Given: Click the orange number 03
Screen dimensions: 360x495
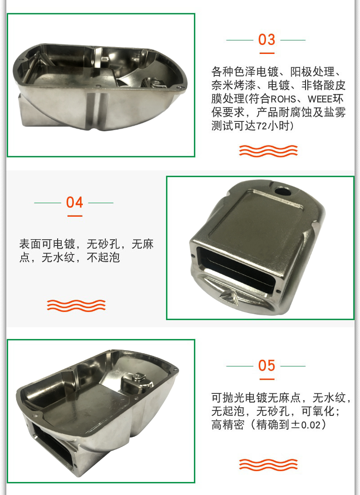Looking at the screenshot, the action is point(266,40).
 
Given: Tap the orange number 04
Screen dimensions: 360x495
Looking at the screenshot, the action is point(75,202).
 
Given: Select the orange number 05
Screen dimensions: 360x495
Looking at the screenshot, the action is point(266,366).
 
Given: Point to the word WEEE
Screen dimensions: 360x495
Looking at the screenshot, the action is point(320,99).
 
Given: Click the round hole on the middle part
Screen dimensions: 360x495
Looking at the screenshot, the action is point(283,191).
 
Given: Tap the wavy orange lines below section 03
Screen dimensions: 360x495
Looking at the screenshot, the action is point(268,151).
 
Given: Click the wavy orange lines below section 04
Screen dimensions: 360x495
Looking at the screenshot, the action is point(76,305).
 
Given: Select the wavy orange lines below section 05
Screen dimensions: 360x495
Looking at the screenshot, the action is point(268,464).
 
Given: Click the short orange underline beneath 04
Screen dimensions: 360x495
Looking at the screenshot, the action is point(75,216).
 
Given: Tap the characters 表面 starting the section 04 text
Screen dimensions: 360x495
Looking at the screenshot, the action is point(30,244).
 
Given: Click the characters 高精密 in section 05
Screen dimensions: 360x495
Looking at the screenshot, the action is point(228,424).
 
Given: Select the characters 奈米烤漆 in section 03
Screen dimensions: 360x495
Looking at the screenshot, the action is point(234,85).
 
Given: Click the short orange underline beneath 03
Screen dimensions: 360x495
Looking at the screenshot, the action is point(266,53).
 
